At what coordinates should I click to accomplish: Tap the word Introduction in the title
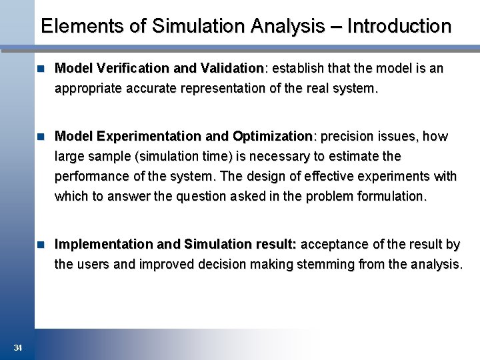[x=399, y=27]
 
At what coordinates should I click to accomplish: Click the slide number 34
[x=18, y=348]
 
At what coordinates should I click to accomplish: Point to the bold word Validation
[x=233, y=68]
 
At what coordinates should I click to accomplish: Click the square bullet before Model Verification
[x=42, y=68]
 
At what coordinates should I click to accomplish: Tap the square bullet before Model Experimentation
[x=42, y=136]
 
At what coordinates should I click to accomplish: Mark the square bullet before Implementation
[x=42, y=244]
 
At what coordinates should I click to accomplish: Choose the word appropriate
[x=88, y=88]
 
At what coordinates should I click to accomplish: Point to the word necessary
[x=277, y=156]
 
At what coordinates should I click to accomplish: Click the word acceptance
[x=333, y=244]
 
